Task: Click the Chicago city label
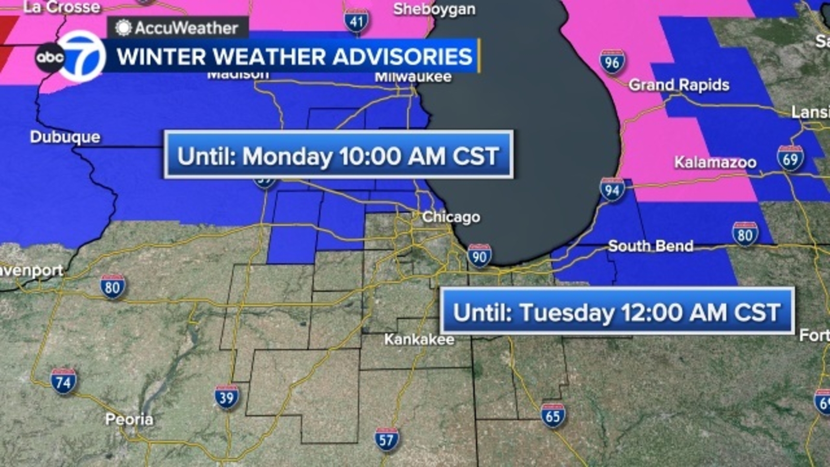click(x=451, y=217)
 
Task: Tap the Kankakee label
click(x=419, y=339)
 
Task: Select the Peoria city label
click(x=129, y=419)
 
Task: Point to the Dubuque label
click(x=65, y=137)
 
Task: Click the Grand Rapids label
click(x=679, y=85)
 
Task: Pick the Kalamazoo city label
click(x=715, y=162)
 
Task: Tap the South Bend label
click(x=651, y=245)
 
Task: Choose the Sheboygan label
click(x=434, y=9)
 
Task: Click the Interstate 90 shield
click(x=479, y=256)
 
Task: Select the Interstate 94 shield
click(x=612, y=190)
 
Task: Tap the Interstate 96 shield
click(x=612, y=62)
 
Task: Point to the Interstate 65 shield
click(x=553, y=416)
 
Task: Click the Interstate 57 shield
click(x=386, y=439)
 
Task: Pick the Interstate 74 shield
click(x=63, y=382)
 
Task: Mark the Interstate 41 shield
click(x=356, y=22)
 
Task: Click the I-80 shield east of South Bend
click(x=745, y=235)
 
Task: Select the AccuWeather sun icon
click(x=123, y=28)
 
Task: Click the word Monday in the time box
click(x=287, y=156)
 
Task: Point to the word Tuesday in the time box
click(x=567, y=312)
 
